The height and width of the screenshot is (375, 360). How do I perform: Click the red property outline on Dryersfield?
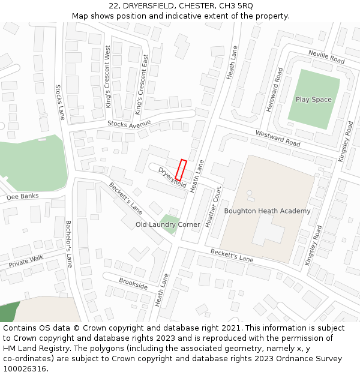coord(181,170)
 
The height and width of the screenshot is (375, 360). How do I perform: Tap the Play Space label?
coord(313,100)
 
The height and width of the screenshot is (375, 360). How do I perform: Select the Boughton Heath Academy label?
coord(267,211)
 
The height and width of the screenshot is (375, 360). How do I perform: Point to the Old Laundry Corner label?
coord(168,224)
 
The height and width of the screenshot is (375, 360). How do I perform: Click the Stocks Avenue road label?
coord(129,124)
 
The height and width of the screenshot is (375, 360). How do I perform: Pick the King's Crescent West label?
coord(108,77)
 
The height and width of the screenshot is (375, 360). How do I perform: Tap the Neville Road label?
coord(326,57)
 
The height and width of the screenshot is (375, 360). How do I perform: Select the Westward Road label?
coord(278,139)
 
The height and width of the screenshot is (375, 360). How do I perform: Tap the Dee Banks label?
coord(22,196)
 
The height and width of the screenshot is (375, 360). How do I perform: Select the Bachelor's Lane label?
coord(69,244)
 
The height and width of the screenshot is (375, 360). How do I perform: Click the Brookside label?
coord(133,284)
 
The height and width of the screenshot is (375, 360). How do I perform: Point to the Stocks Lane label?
coord(60,102)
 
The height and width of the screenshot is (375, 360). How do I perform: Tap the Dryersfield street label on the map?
coord(173,177)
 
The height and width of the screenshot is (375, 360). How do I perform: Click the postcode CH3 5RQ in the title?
coord(232,6)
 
